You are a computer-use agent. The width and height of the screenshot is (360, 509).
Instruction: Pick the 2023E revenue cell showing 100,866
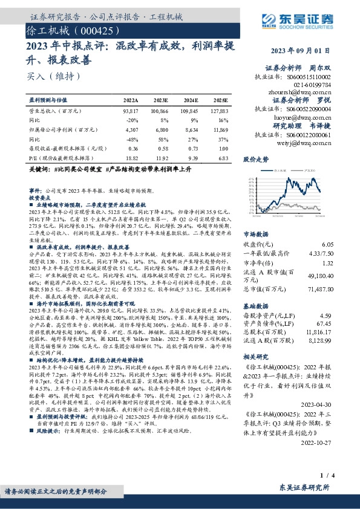(x=160, y=112)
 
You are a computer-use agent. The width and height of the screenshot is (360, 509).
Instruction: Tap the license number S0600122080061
(x=309, y=135)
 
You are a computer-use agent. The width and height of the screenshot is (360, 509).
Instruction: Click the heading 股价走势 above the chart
(x=255, y=160)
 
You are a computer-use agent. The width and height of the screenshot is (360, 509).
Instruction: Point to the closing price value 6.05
(x=327, y=244)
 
